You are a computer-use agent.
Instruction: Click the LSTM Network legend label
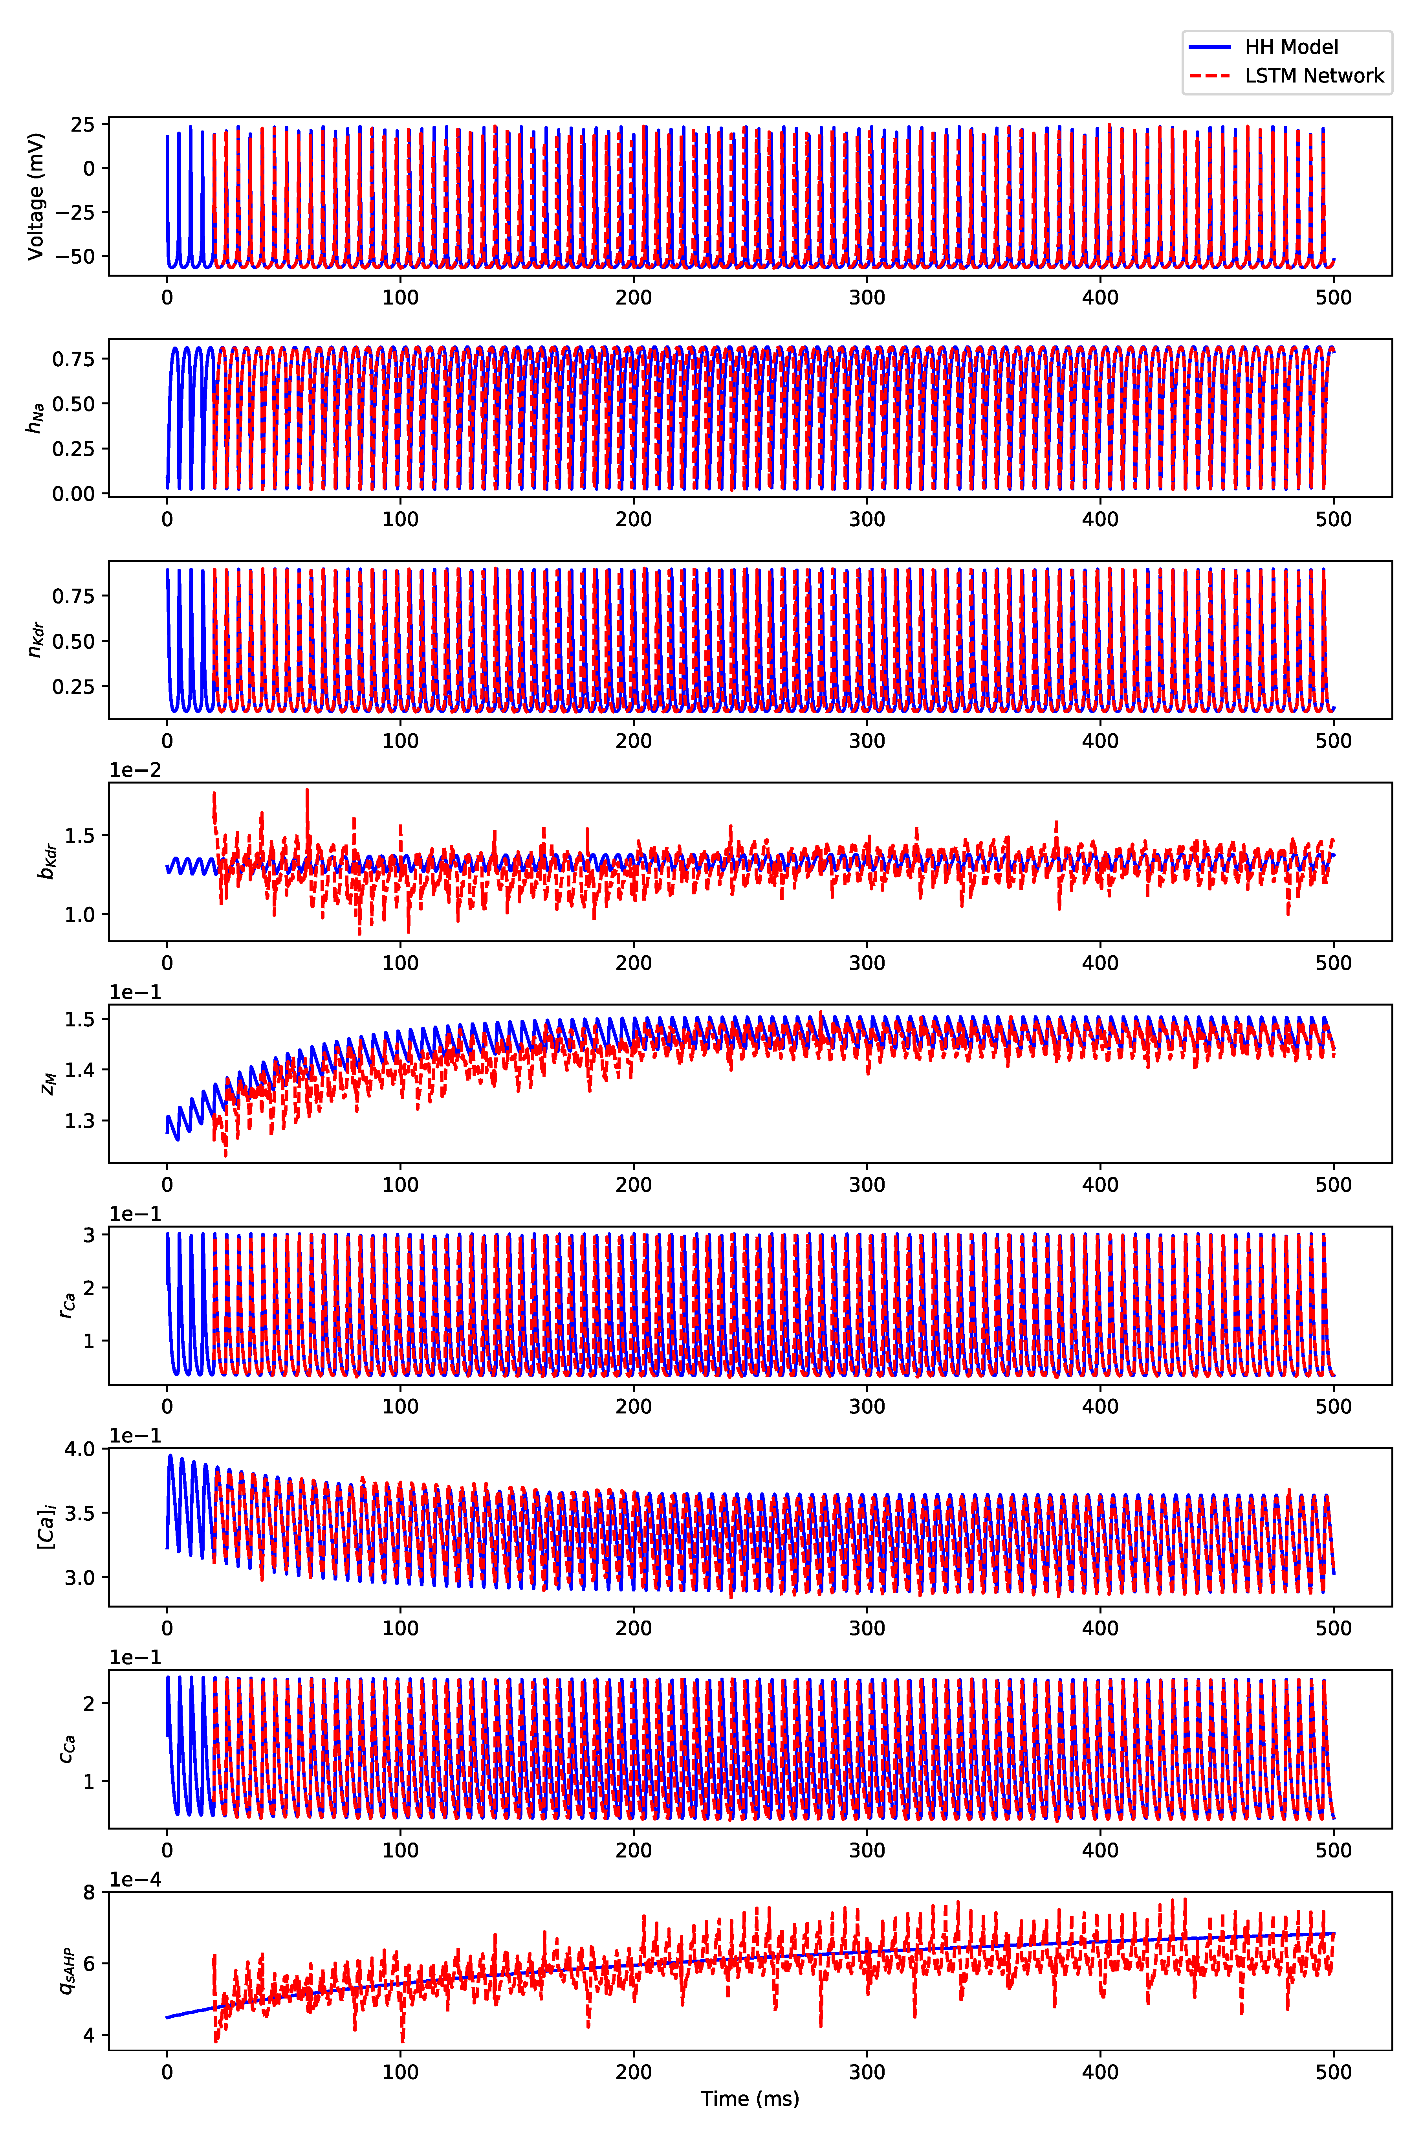[1314, 76]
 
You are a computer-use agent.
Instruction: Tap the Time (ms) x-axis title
[750, 2098]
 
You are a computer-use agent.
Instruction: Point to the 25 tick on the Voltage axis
[82, 124]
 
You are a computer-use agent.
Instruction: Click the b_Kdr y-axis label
[47, 862]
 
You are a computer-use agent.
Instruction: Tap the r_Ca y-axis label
[65, 1305]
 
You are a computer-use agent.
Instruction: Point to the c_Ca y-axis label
[65, 1749]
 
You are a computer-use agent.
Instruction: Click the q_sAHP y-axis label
[65, 1970]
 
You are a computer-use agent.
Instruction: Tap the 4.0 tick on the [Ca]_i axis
[80, 1449]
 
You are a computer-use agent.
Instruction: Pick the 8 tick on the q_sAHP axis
[89, 1892]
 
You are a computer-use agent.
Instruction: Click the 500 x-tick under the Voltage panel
[1333, 297]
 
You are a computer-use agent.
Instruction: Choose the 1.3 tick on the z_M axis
[80, 1120]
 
